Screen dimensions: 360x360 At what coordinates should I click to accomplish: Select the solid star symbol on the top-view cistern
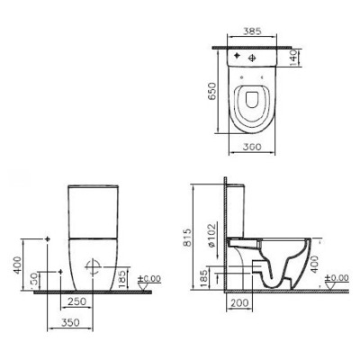[x=237, y=57]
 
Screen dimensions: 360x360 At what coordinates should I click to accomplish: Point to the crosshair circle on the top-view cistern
[x=255, y=58]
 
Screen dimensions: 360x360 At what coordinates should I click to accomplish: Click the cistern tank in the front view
[x=93, y=207]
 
